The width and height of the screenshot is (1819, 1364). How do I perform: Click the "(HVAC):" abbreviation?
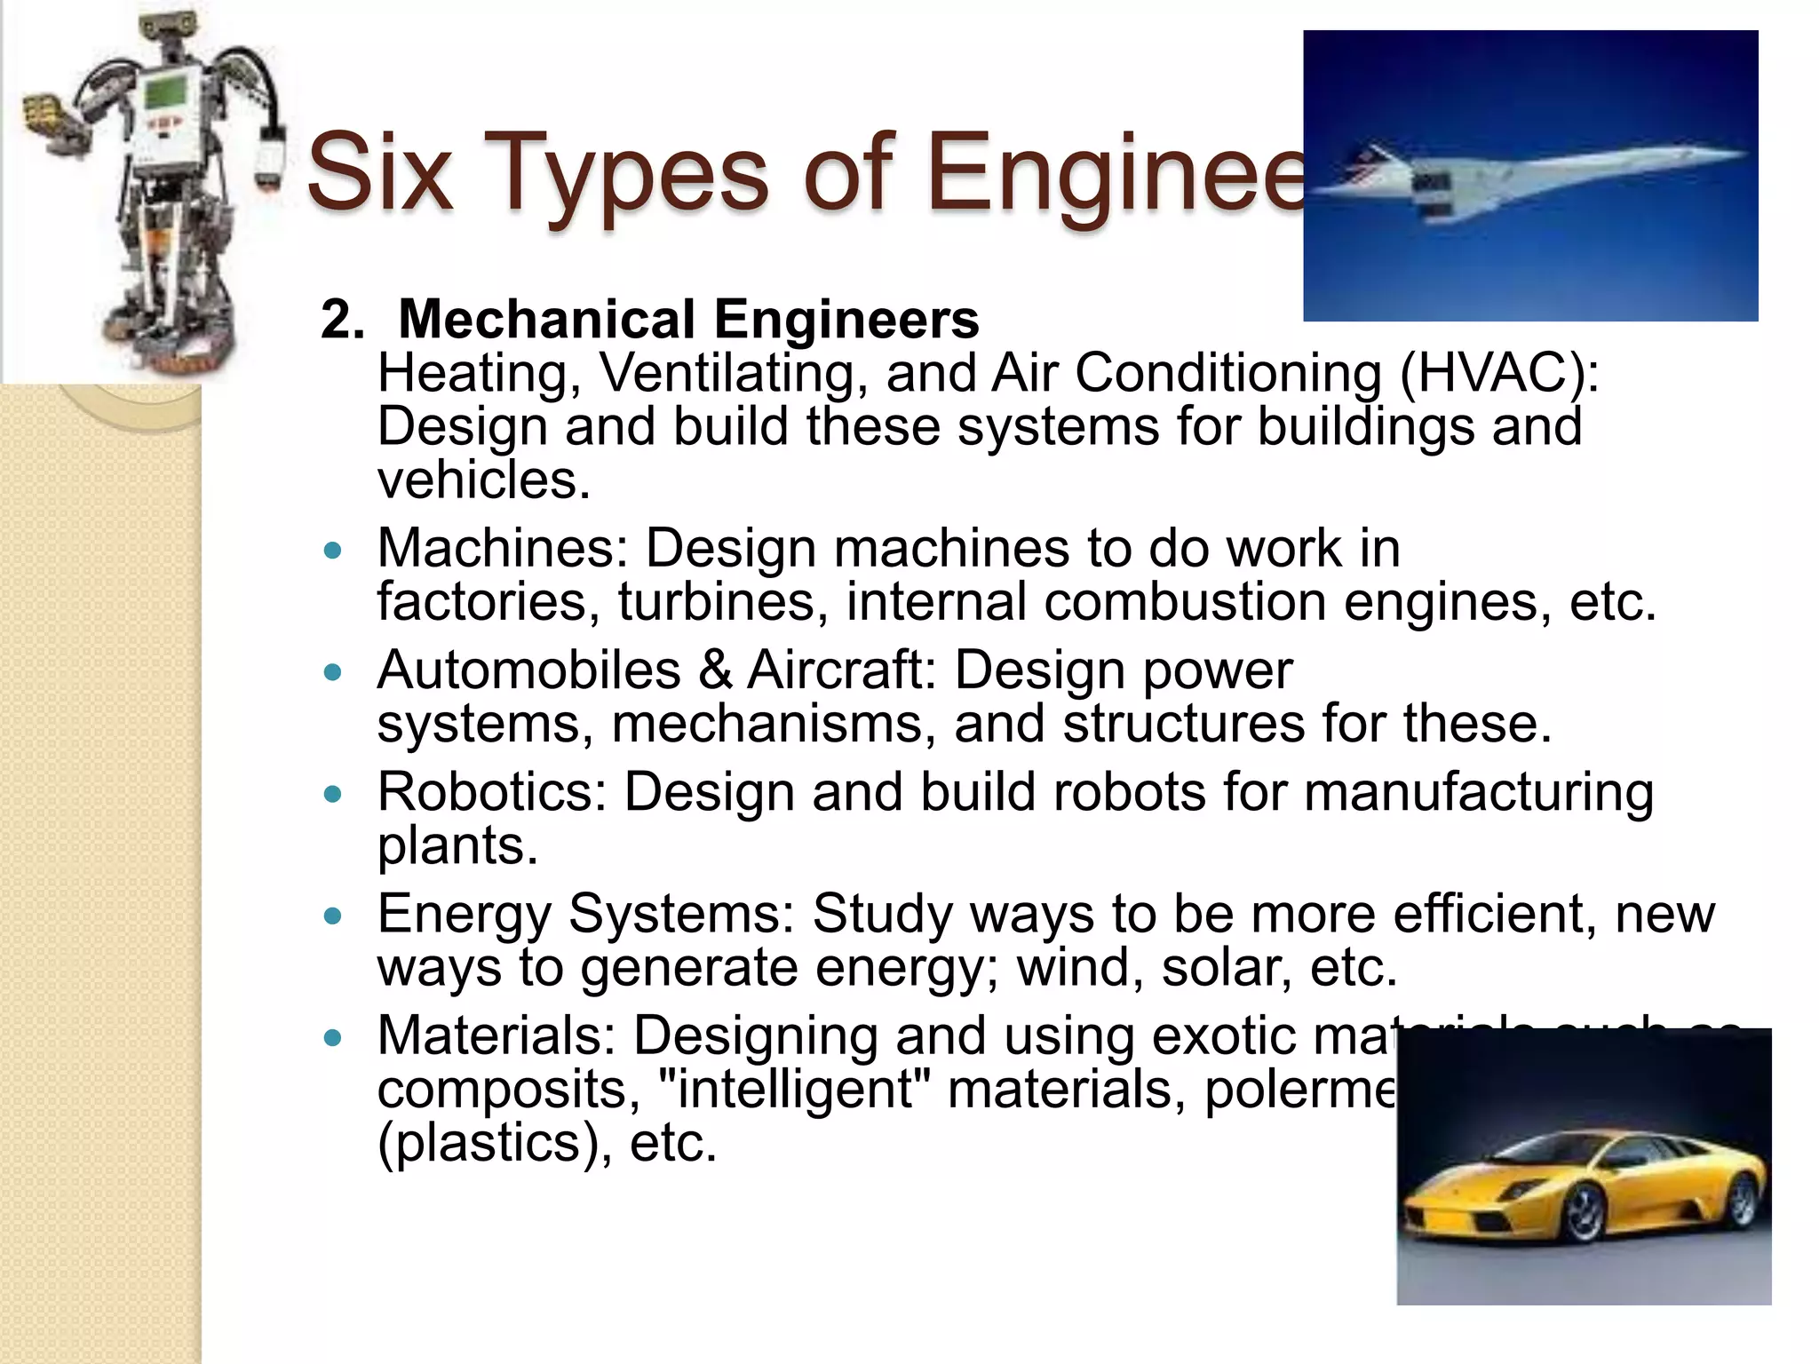tap(1499, 372)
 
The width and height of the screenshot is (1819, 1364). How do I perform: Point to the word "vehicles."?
tap(484, 480)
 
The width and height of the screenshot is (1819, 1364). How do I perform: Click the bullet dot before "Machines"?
tap(333, 551)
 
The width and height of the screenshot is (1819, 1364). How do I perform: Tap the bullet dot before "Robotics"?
tap(333, 794)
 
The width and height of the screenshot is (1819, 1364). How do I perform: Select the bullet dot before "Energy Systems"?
tap(333, 916)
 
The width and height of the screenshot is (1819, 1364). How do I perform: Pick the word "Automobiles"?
tap(528, 670)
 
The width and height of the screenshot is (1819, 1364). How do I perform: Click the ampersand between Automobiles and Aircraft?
tap(715, 670)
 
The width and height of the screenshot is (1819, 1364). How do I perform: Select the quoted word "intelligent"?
tap(795, 1090)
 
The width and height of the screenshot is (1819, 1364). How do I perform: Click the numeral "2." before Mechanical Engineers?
tap(342, 320)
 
